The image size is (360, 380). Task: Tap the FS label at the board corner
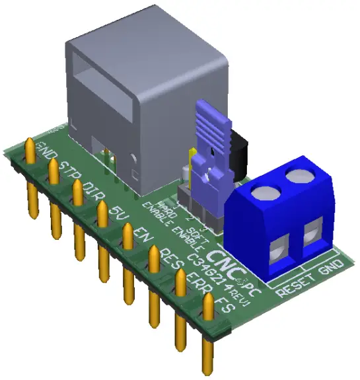(x=225, y=305)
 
